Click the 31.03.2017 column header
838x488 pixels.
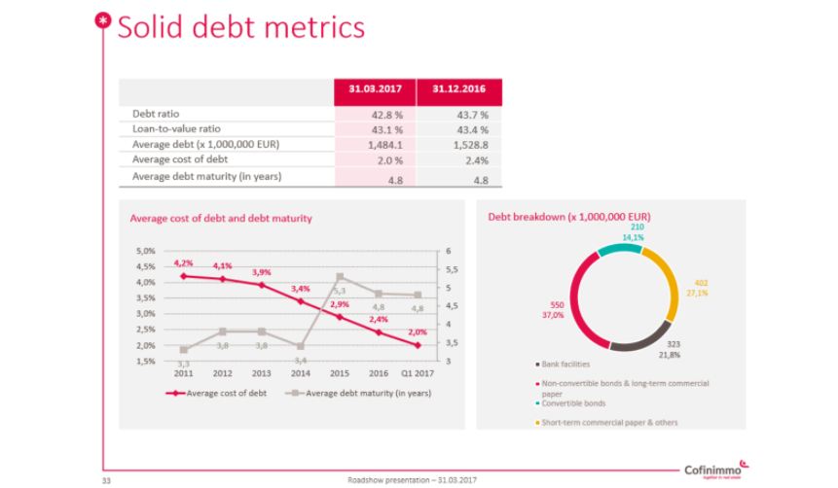(376, 90)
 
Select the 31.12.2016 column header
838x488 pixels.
(459, 90)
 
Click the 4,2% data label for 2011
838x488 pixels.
(183, 263)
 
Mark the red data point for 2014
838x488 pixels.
(300, 300)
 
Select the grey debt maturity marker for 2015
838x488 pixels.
(340, 277)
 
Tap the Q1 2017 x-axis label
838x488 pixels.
(419, 372)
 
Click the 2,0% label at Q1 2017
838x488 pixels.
(418, 334)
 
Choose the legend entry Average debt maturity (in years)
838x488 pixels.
(360, 394)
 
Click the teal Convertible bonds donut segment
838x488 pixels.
(619, 250)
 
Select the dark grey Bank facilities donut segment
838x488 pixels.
(638, 338)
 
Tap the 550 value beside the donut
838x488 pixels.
(557, 304)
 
